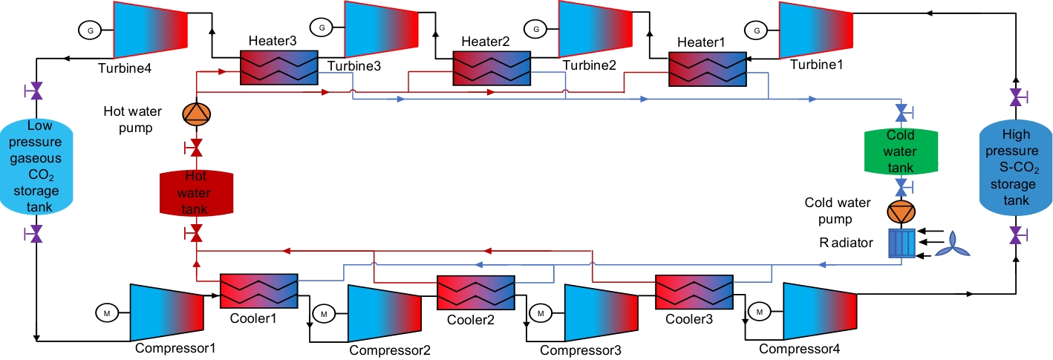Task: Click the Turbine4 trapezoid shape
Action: pos(149,30)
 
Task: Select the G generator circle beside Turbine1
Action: pos(757,30)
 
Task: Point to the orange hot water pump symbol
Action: pos(197,114)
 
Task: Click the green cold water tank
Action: pos(901,151)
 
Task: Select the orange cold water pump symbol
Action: pos(902,212)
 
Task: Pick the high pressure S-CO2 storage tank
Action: pos(1015,167)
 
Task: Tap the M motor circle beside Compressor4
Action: pos(760,312)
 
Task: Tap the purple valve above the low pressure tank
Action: pos(35,91)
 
